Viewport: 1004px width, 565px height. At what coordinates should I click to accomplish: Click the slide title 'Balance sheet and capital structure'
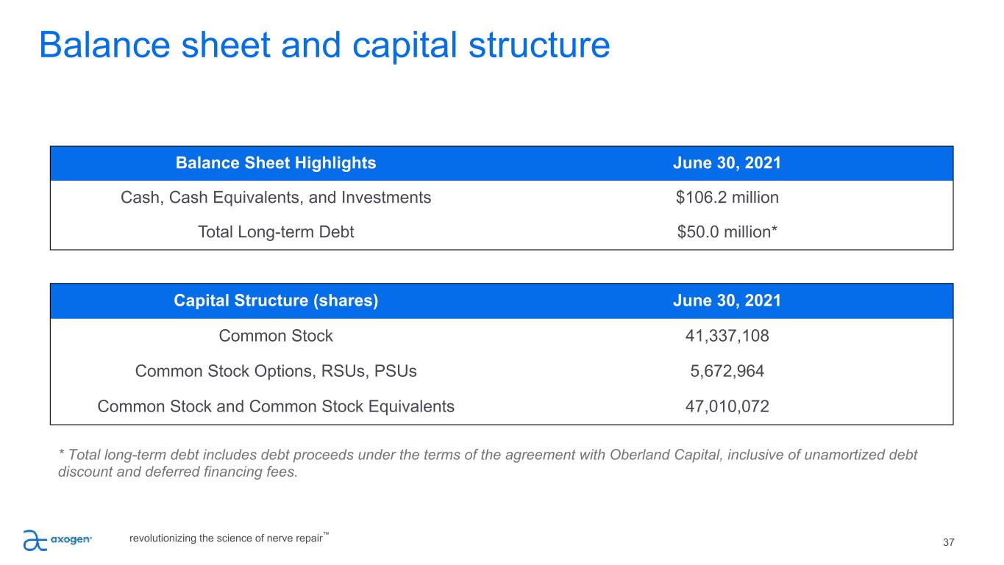coord(324,46)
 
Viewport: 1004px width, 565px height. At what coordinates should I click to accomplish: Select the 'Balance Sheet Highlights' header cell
coord(276,163)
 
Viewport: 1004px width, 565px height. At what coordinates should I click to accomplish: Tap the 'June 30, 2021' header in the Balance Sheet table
coord(727,163)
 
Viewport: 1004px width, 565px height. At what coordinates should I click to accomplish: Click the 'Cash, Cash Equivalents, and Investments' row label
coord(276,198)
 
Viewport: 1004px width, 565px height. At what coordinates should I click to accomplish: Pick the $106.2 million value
coord(727,198)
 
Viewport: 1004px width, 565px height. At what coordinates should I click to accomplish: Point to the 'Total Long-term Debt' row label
coord(276,232)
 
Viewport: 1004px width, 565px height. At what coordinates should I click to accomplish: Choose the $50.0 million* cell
coord(727,232)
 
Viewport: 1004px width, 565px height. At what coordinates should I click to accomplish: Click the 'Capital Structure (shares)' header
coord(276,301)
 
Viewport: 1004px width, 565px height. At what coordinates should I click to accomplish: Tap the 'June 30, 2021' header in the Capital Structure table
coord(727,301)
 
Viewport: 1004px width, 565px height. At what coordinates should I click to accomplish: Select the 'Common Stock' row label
coord(276,336)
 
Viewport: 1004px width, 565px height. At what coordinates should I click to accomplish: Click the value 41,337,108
coord(727,336)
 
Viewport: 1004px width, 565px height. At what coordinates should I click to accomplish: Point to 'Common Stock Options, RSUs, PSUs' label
coord(276,371)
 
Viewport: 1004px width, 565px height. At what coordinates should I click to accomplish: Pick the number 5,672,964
coord(727,371)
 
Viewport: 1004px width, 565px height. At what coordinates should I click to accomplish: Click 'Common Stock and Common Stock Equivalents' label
coord(276,406)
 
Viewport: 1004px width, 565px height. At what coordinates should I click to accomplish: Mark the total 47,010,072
coord(727,406)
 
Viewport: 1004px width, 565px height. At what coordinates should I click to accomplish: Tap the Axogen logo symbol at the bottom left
coord(35,540)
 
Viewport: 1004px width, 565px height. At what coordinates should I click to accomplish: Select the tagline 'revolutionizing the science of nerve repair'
coord(226,538)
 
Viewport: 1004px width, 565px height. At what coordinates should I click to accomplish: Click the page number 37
coord(948,543)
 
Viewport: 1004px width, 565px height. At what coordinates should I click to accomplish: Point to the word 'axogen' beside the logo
coord(71,540)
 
